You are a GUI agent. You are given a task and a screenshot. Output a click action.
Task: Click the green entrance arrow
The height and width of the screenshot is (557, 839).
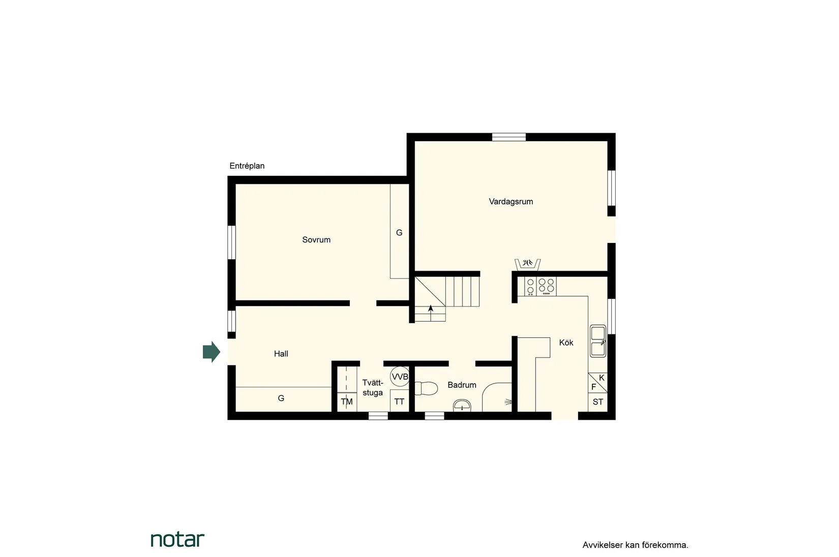(x=211, y=352)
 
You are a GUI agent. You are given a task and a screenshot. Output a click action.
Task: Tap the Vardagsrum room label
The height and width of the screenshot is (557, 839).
(x=511, y=201)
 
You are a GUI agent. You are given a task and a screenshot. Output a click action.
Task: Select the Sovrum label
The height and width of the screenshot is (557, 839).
(x=316, y=239)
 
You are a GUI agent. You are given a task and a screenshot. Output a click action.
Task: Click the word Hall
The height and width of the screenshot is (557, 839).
(x=281, y=354)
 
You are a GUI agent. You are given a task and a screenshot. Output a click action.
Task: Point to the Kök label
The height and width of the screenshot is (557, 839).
(x=566, y=343)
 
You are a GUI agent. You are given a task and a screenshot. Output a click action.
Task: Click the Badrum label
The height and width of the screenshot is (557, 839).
(x=462, y=385)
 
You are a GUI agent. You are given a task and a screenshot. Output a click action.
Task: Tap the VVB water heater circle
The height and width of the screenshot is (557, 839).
(x=400, y=377)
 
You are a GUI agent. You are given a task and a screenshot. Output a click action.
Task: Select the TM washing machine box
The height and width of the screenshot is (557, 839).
(x=347, y=402)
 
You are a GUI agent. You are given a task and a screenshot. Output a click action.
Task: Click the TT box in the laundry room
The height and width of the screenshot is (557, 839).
(x=399, y=401)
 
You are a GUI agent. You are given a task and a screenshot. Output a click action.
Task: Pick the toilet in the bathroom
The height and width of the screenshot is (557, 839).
(x=426, y=388)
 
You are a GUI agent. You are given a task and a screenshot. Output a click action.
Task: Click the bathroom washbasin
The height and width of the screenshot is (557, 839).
(x=462, y=406)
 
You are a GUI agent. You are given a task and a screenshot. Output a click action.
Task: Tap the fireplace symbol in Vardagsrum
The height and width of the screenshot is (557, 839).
(x=527, y=264)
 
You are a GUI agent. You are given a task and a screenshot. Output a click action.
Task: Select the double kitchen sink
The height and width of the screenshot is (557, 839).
(x=598, y=341)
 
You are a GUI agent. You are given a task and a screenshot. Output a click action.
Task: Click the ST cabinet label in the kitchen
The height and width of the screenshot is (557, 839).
(x=598, y=402)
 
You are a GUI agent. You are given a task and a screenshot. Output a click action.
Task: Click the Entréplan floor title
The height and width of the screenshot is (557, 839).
(x=247, y=166)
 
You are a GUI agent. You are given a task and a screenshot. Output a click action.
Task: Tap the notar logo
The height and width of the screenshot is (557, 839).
(x=177, y=539)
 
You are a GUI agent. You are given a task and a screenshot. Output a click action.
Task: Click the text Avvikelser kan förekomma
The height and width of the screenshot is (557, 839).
(x=635, y=545)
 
